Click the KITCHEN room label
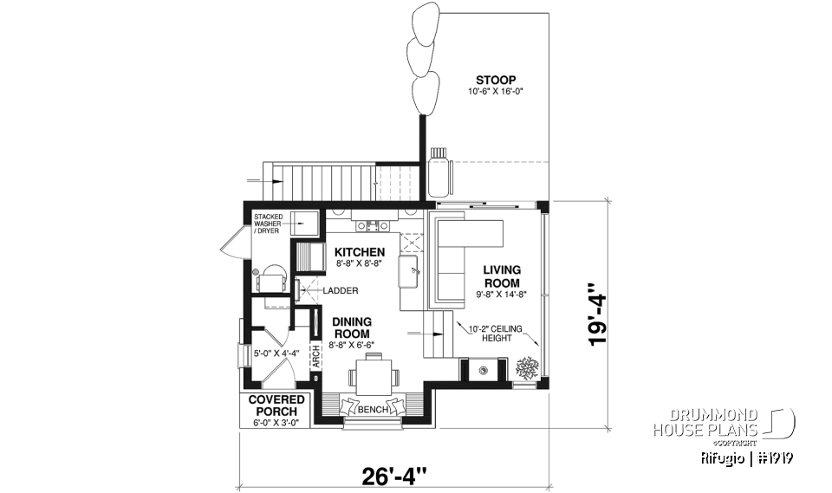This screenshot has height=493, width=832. pos(360,252)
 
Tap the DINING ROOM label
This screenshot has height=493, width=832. pos(352,328)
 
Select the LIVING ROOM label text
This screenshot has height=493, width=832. pos(503,276)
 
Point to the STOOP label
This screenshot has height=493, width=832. pos(496,81)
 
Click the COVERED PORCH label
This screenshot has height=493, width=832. pos(276,405)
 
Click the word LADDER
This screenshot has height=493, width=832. pos(341,291)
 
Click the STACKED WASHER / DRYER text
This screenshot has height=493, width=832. pos(269,224)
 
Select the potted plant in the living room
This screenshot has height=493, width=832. pos(526,369)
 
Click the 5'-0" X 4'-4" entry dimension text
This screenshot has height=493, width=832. pos(276,353)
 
